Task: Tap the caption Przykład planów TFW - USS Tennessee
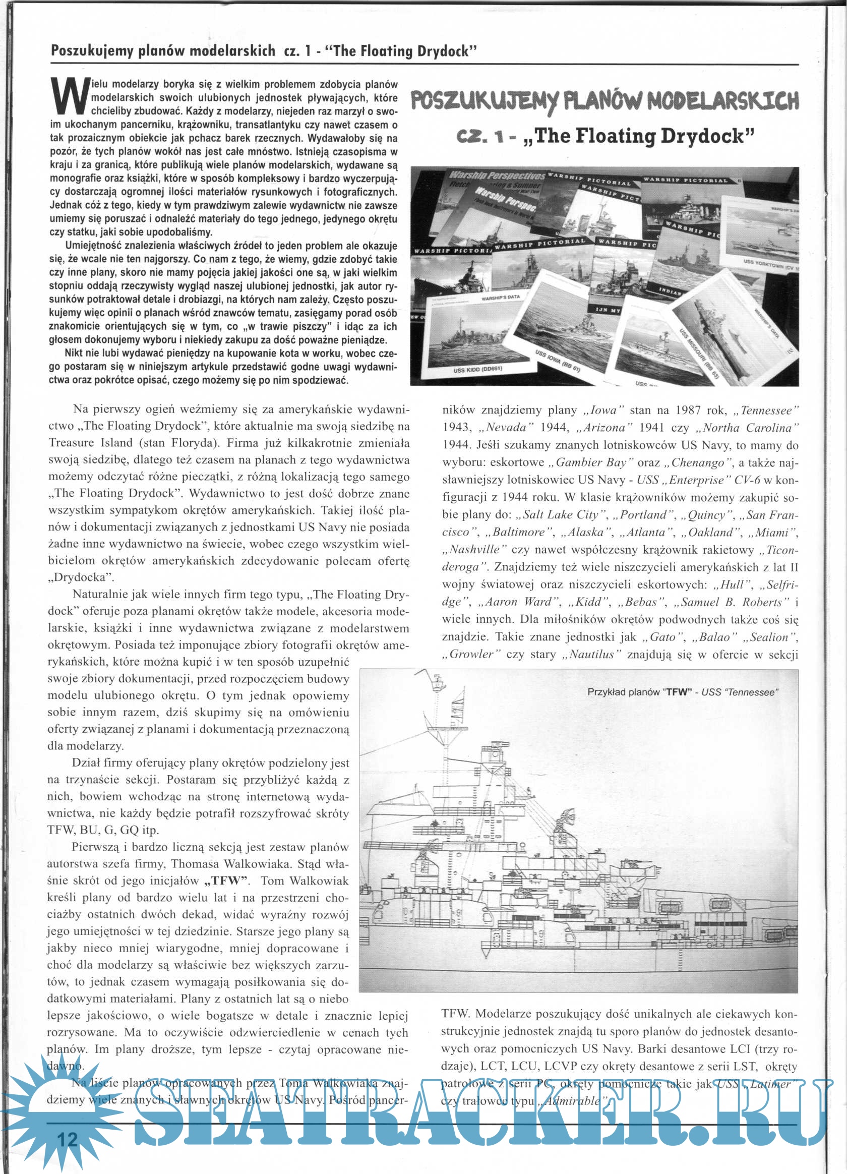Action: point(683,692)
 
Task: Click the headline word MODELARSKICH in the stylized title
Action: point(723,101)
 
